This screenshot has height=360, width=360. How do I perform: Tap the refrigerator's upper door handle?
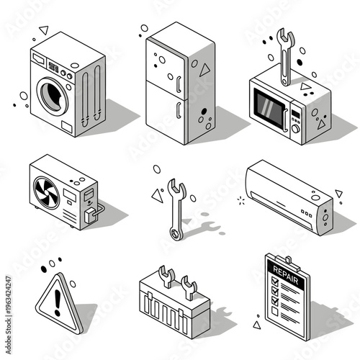[x=176, y=82]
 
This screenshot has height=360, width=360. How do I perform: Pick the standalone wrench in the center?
[x=175, y=210]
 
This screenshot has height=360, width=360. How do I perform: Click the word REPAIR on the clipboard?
[x=281, y=270]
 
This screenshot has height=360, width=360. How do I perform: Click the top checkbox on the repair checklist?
[x=272, y=283]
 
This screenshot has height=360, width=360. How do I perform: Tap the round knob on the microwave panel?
[x=296, y=130]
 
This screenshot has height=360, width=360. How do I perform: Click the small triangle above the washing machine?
[x=43, y=30]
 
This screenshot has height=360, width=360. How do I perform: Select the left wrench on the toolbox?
[x=163, y=276]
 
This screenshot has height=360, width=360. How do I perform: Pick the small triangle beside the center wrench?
[x=156, y=195]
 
